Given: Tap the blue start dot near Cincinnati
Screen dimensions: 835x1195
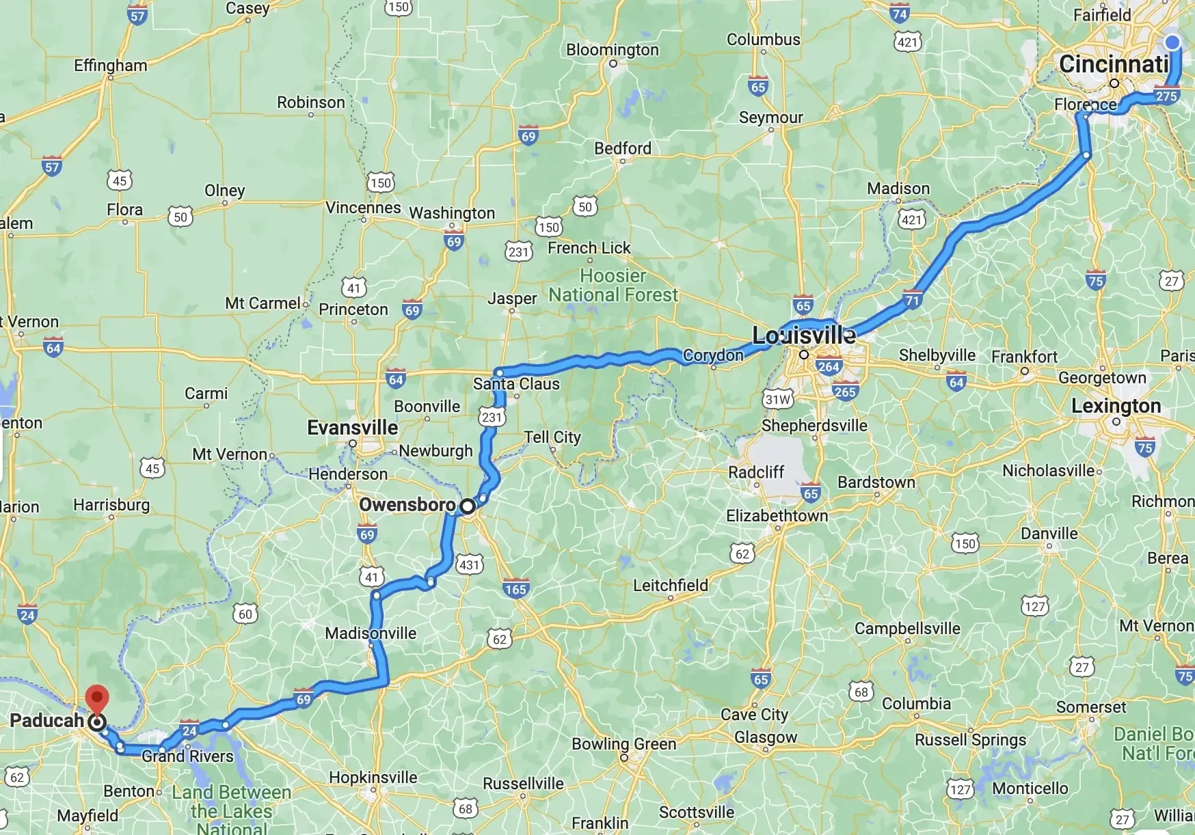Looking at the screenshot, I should pos(1172,42).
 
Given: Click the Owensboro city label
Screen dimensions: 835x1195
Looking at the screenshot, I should pos(407,505).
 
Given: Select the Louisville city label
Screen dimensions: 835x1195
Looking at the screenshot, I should pos(803,336).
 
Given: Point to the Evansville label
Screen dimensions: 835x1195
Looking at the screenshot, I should pos(352,428).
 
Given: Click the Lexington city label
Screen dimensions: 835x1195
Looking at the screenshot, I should pos(1116,406).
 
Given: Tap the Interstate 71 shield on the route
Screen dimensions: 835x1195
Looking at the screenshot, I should pos(913,299).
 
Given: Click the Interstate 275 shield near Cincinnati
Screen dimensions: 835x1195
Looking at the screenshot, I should pos(1166,96).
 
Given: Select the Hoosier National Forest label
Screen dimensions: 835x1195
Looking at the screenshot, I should pos(613,286).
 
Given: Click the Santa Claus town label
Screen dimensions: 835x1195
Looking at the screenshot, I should pos(516,384).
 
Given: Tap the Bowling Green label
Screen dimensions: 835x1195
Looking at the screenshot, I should pos(623,744).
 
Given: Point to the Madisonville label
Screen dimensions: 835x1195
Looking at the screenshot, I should pos(371,633).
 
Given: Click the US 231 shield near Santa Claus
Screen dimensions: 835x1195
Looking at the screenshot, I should pos(492,417).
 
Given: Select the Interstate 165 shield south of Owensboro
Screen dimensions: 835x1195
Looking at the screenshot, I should pos(515,589).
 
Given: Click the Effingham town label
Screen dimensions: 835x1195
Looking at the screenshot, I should pos(111,66).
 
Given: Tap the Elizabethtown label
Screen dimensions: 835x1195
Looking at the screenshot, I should pos(777,516).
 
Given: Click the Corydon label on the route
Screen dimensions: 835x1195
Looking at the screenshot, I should pos(713,355).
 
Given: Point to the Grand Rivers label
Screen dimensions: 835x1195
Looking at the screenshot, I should pos(187,756).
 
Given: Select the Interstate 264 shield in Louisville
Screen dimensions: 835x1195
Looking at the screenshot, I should pos(828,366).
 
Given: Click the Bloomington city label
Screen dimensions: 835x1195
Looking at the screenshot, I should pos(612,50).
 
